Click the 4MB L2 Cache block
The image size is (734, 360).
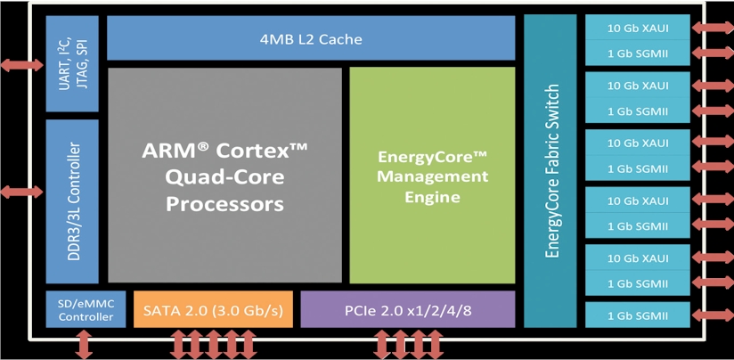tap(311, 38)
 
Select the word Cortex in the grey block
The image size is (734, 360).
tap(265, 151)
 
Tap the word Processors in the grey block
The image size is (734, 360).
tap(225, 204)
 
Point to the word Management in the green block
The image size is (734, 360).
tap(433, 177)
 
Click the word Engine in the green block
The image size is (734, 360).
tap(433, 197)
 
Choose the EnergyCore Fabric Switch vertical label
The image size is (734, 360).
tap(553, 171)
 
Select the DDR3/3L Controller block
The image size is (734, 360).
tap(72, 201)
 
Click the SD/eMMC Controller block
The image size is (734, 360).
tap(86, 309)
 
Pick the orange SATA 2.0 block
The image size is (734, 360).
tap(214, 309)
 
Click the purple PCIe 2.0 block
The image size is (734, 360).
tap(408, 309)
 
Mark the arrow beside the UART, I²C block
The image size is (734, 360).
tap(21, 65)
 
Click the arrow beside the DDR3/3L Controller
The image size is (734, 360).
tap(21, 192)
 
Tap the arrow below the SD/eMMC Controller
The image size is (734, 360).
tap(84, 344)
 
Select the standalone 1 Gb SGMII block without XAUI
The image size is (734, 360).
tap(638, 315)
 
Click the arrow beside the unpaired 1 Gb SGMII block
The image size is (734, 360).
tap(712, 315)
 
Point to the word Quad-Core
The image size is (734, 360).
tap(225, 177)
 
